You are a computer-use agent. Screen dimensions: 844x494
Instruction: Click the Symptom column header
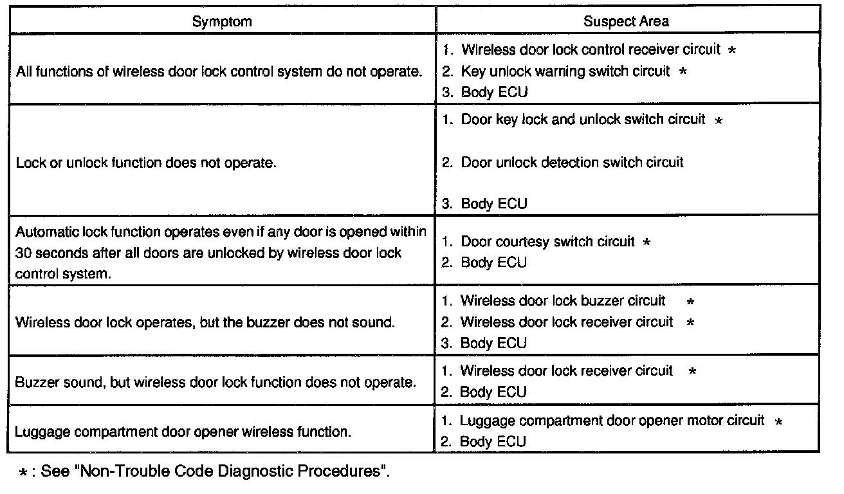tap(222, 21)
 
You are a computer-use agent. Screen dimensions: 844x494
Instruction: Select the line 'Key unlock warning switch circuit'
tap(565, 71)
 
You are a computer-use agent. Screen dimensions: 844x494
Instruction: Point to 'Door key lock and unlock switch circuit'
tap(583, 120)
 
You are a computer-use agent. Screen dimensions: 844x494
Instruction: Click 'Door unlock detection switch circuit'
tap(572, 162)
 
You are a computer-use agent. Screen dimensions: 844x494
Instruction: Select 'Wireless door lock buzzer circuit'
tap(563, 300)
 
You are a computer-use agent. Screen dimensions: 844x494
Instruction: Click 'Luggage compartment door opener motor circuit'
tap(612, 421)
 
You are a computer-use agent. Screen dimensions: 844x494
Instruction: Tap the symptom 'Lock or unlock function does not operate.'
tap(146, 163)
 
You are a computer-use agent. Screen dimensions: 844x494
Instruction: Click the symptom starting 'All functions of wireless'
tap(219, 71)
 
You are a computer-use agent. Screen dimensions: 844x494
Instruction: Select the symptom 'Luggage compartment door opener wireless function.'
tap(183, 432)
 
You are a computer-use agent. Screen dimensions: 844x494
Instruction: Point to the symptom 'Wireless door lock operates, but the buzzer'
tap(205, 322)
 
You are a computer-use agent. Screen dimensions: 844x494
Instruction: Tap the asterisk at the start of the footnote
tap(24, 472)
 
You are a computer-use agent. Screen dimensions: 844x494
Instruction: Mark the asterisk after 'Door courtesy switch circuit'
tap(647, 242)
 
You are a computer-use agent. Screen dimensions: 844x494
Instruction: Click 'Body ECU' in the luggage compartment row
tap(493, 441)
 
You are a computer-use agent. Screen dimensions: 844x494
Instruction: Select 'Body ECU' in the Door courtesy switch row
tap(493, 262)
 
